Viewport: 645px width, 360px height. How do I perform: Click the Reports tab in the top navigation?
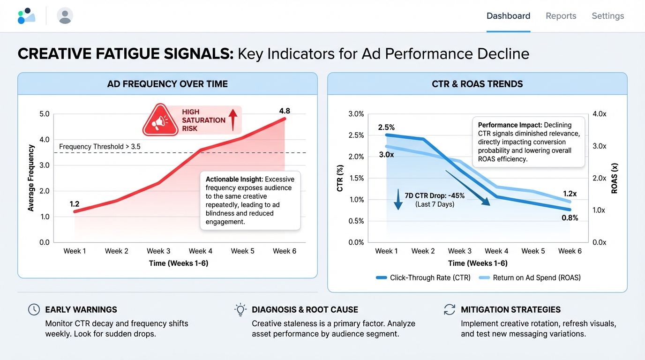tap(561, 16)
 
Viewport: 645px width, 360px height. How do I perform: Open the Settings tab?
tap(607, 16)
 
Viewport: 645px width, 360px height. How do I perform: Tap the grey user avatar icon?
tap(65, 16)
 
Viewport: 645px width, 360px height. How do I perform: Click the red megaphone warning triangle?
tap(160, 120)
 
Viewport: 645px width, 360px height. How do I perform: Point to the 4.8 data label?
tap(285, 111)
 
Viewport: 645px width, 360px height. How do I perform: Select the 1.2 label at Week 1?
tap(75, 204)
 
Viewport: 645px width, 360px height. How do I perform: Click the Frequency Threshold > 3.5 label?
tap(100, 147)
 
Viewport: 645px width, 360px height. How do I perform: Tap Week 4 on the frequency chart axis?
tap(200, 251)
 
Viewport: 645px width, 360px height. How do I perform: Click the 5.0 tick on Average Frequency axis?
tap(45, 114)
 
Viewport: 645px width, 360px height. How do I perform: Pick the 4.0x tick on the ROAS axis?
tap(599, 114)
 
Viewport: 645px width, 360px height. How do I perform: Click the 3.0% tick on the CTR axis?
tap(356, 114)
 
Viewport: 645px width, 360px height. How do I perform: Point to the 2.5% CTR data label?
tap(387, 127)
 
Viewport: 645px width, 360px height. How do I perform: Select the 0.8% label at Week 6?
tap(570, 218)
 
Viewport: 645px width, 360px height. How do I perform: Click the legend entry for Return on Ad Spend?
tap(536, 277)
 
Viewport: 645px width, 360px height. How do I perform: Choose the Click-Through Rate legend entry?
tap(430, 277)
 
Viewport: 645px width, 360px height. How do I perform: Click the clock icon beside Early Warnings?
tap(34, 309)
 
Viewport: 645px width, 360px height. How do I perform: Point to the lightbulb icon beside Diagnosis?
tap(240, 309)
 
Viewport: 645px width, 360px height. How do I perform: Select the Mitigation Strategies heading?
tap(510, 309)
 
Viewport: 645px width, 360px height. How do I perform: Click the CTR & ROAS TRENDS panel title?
tap(477, 84)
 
